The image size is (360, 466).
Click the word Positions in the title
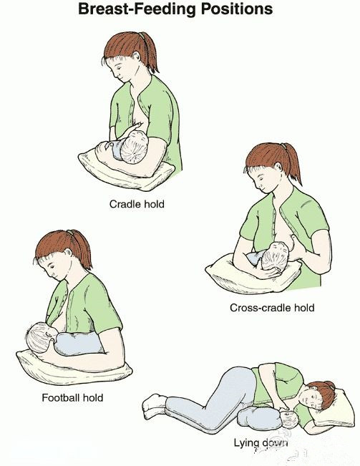coord(237,9)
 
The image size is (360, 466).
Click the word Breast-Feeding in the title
coord(137,9)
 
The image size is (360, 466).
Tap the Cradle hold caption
coord(137,204)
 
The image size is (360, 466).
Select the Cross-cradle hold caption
coord(272,307)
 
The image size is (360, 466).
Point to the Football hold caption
coord(72,398)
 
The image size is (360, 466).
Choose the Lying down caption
coord(261,443)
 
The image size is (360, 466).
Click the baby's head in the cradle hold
coord(135,147)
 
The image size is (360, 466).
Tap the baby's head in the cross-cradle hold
coord(275,256)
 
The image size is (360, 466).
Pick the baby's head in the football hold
coord(38,337)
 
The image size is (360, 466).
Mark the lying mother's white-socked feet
coord(154,406)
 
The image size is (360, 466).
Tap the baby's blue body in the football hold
coord(79,344)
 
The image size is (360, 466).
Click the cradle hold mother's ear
coord(137,57)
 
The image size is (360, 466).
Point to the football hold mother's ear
coord(69,253)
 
